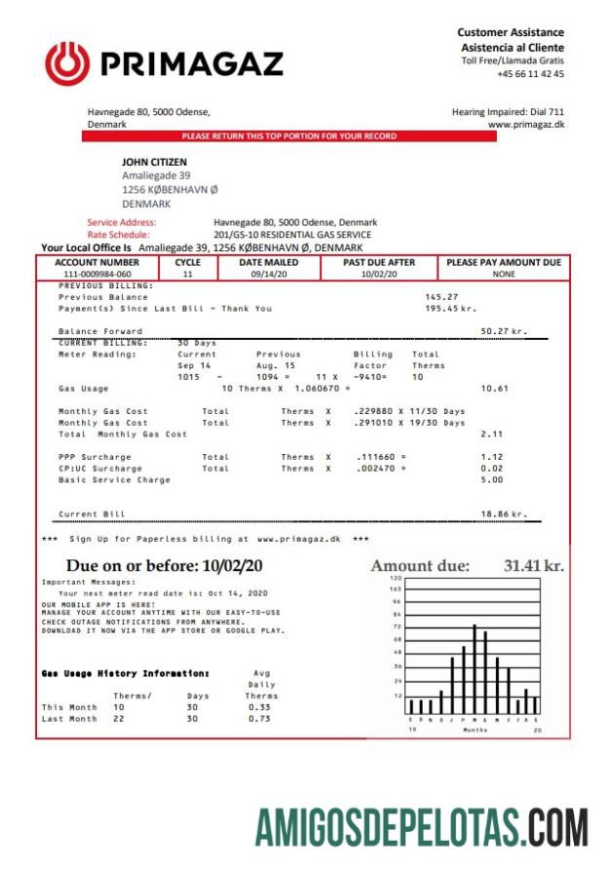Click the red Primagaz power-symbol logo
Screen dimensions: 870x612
pos(66,62)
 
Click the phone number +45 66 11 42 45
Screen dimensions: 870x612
pos(530,74)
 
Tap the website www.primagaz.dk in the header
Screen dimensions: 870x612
pos(525,125)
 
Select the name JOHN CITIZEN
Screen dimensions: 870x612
pos(154,163)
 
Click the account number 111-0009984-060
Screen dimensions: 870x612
pos(97,275)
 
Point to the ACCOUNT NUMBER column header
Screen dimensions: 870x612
pos(97,263)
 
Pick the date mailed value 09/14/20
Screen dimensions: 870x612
pos(269,275)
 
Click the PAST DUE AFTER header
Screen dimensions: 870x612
pos(379,263)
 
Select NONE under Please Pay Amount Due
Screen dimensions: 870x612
pos(503,275)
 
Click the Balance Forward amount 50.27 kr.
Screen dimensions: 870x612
pos(504,331)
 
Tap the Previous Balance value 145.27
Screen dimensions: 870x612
pos(441,297)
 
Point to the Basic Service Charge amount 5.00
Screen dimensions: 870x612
pos(491,479)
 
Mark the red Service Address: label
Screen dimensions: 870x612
pos(122,222)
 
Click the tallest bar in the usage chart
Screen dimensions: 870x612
pos(475,669)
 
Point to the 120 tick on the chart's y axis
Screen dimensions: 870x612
pos(397,579)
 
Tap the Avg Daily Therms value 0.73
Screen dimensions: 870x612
pos(259,718)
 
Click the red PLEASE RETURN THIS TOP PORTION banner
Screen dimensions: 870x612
pos(289,136)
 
